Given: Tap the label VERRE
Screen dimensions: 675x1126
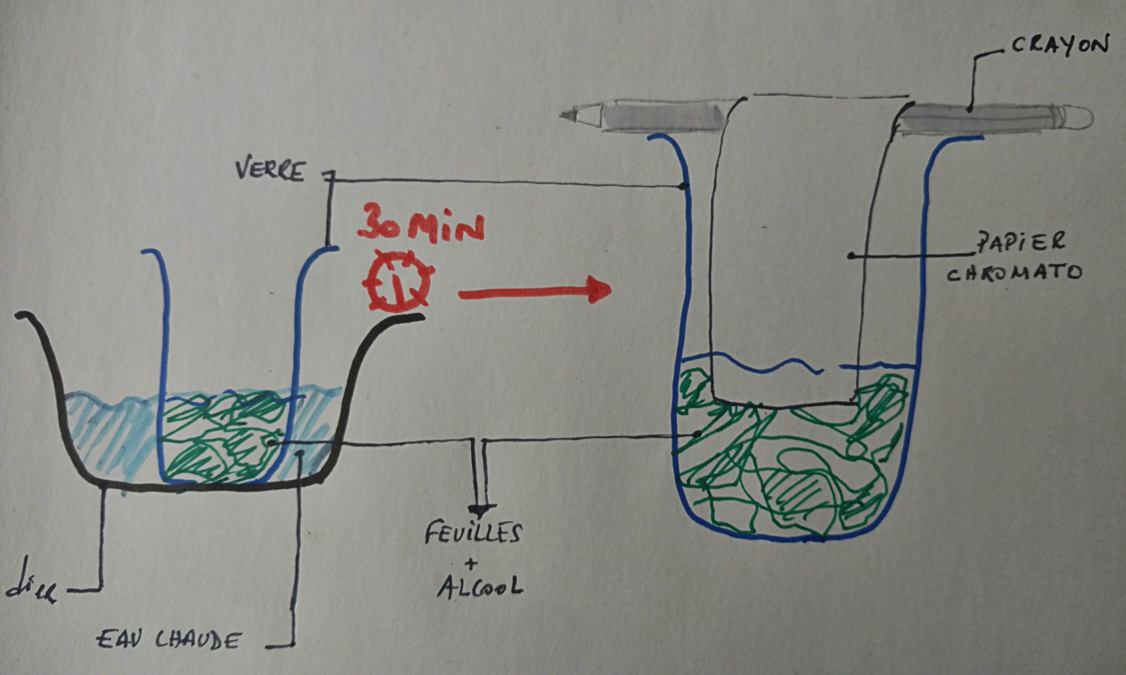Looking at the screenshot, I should point(270,171).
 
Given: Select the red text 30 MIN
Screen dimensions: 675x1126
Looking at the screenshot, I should point(421,227).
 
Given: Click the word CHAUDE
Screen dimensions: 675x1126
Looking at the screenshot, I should point(198,642).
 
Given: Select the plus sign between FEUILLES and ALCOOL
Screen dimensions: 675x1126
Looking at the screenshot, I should point(471,564).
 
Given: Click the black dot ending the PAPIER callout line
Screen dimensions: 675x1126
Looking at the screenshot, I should point(849,256).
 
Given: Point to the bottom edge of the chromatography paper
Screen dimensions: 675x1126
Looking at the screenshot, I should point(783,405).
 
